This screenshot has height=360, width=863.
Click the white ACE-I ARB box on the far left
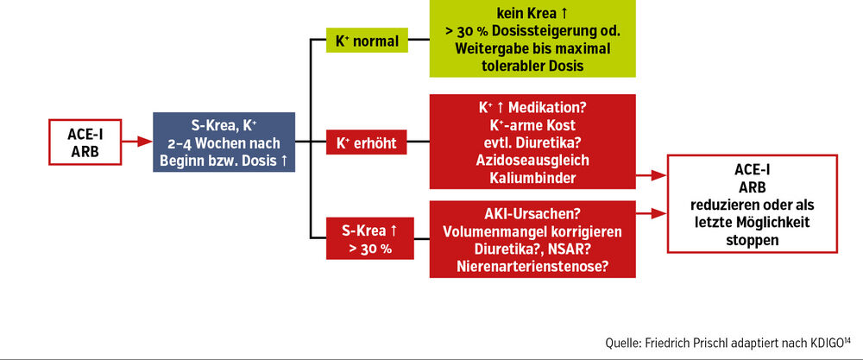[x=85, y=142]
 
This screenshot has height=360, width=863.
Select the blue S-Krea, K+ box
[x=224, y=142]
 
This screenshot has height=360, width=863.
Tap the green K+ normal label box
[x=367, y=41]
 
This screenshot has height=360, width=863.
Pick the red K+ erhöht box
[x=367, y=143]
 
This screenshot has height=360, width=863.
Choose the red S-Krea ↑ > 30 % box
[x=370, y=238]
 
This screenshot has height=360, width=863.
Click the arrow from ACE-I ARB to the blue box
[x=137, y=142]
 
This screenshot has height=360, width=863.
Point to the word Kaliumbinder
[x=532, y=177]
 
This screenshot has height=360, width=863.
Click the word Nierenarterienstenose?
[x=532, y=267]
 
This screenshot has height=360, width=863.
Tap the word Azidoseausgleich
[x=532, y=161]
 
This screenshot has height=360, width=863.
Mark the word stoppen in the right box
[x=753, y=240]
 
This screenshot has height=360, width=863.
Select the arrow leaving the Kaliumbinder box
[x=652, y=176]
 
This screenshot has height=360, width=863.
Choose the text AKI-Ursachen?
[x=532, y=213]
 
